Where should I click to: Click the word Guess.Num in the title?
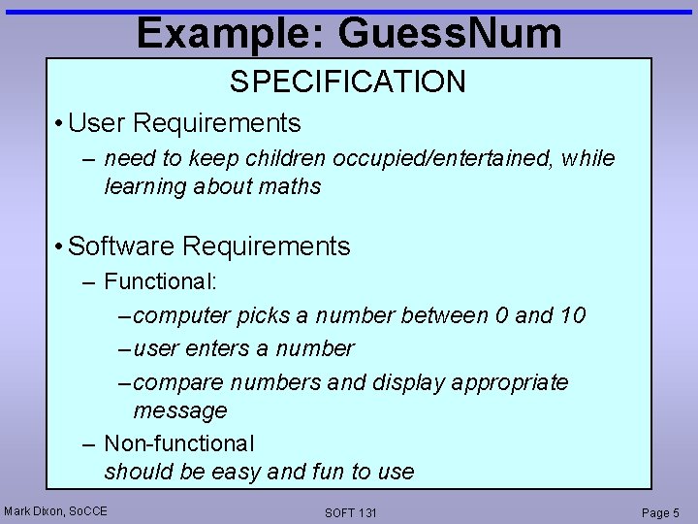click(x=450, y=33)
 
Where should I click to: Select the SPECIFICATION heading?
click(x=348, y=82)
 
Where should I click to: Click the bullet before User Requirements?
click(x=60, y=124)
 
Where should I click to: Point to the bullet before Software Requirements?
click(x=60, y=247)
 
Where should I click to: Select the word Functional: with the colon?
click(x=161, y=282)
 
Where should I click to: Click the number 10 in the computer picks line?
click(x=571, y=315)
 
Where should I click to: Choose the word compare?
click(x=174, y=381)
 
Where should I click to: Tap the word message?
click(x=180, y=410)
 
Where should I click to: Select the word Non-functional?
click(x=179, y=443)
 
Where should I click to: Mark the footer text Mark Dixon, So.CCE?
click(x=55, y=510)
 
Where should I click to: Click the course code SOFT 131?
click(x=351, y=512)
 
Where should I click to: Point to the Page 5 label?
click(x=661, y=512)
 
